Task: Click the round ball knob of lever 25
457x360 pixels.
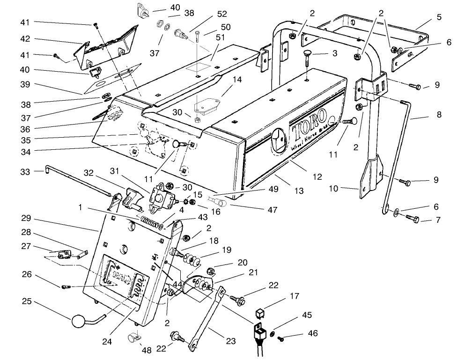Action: [78, 323]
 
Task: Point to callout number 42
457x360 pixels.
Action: [25, 40]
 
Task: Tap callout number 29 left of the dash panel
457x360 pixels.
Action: [25, 219]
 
